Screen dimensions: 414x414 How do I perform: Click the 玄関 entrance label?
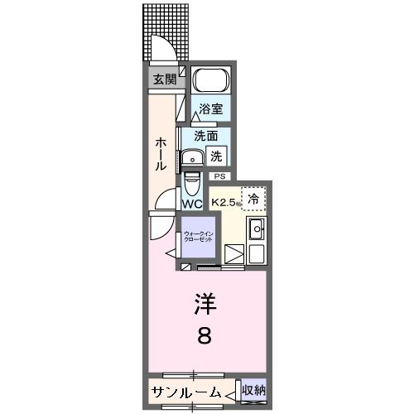pyautogui.click(x=164, y=79)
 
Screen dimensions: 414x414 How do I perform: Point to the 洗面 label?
pyautogui.click(x=205, y=136)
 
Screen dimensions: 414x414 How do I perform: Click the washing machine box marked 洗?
pyautogui.click(x=216, y=154)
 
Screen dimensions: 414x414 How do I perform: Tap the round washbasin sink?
pyautogui.click(x=194, y=156)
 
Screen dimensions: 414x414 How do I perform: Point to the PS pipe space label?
pyautogui.click(x=219, y=176)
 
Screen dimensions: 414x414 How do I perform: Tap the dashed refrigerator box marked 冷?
pyautogui.click(x=253, y=199)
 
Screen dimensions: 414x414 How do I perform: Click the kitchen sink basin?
pyautogui.click(x=257, y=229)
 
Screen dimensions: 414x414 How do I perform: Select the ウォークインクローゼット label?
pyautogui.click(x=197, y=236)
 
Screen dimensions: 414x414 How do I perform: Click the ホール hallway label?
pyautogui.click(x=161, y=154)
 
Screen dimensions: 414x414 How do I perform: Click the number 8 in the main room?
pyautogui.click(x=204, y=337)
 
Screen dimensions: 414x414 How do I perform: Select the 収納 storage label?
pyautogui.click(x=253, y=391)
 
